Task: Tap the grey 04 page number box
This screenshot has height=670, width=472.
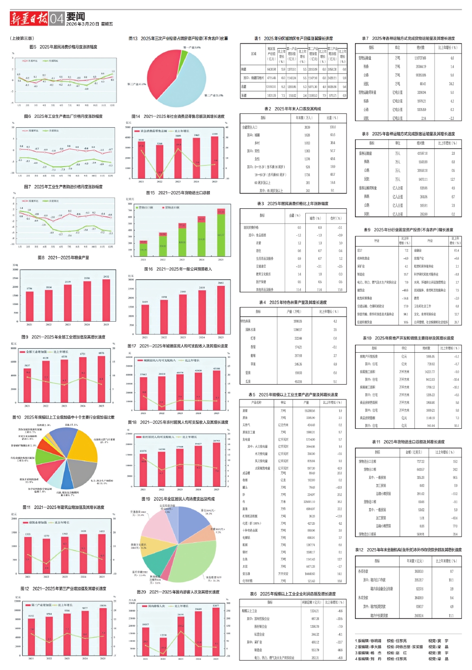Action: (x=57, y=19)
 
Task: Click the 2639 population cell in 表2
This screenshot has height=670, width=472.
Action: (x=307, y=127)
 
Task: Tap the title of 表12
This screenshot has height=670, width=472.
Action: (x=408, y=550)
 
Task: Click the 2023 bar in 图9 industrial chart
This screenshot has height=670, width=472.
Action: (x=64, y=381)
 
